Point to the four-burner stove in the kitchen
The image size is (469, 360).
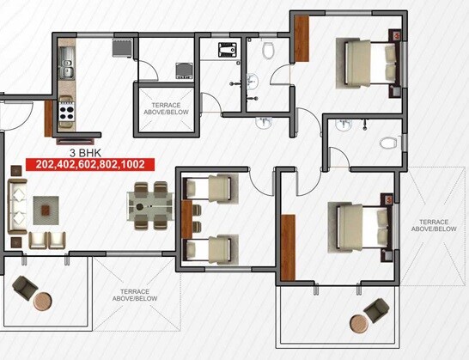(67, 112)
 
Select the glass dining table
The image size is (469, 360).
(150, 209)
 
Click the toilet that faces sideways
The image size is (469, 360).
(387, 140)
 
